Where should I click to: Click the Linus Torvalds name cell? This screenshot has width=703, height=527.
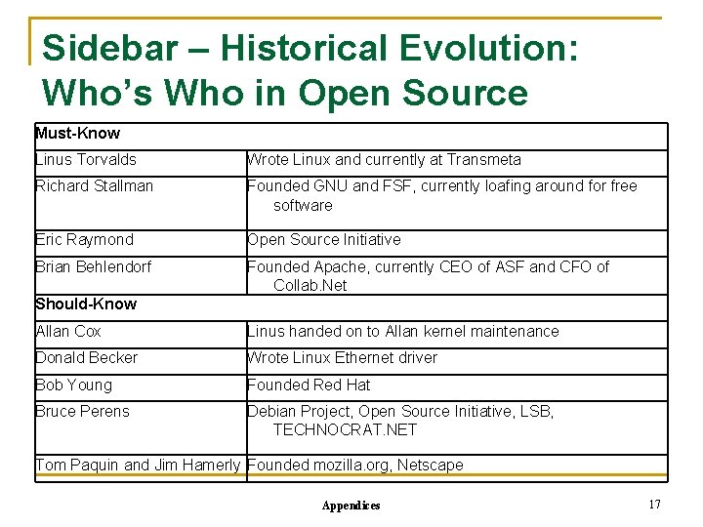[x=86, y=160]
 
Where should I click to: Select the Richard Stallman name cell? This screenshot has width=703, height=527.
[x=94, y=186]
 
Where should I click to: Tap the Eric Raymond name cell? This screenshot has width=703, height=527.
[x=84, y=240]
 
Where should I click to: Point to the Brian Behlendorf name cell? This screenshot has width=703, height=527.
[x=93, y=266]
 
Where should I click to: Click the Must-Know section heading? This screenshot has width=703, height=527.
[x=77, y=134]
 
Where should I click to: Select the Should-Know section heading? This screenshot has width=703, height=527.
[x=86, y=304]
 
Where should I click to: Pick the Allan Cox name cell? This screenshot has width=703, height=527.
[x=68, y=332]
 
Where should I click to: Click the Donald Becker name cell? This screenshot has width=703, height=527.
[x=86, y=358]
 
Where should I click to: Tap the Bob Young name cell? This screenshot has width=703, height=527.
[x=73, y=385]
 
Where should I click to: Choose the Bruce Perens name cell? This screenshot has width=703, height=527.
[x=82, y=412]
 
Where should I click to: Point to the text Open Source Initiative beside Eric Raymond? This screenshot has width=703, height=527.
[x=324, y=240]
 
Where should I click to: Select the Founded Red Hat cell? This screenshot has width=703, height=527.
[x=309, y=385]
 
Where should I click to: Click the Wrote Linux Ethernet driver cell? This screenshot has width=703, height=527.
[x=342, y=358]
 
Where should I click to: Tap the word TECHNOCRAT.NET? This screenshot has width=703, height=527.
[x=345, y=430]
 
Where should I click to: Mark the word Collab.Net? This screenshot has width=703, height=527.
[x=310, y=286]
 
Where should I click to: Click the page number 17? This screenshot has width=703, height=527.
[x=654, y=504]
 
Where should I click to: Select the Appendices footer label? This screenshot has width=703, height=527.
[x=351, y=506]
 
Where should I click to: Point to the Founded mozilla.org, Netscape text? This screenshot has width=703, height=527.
[x=355, y=466]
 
